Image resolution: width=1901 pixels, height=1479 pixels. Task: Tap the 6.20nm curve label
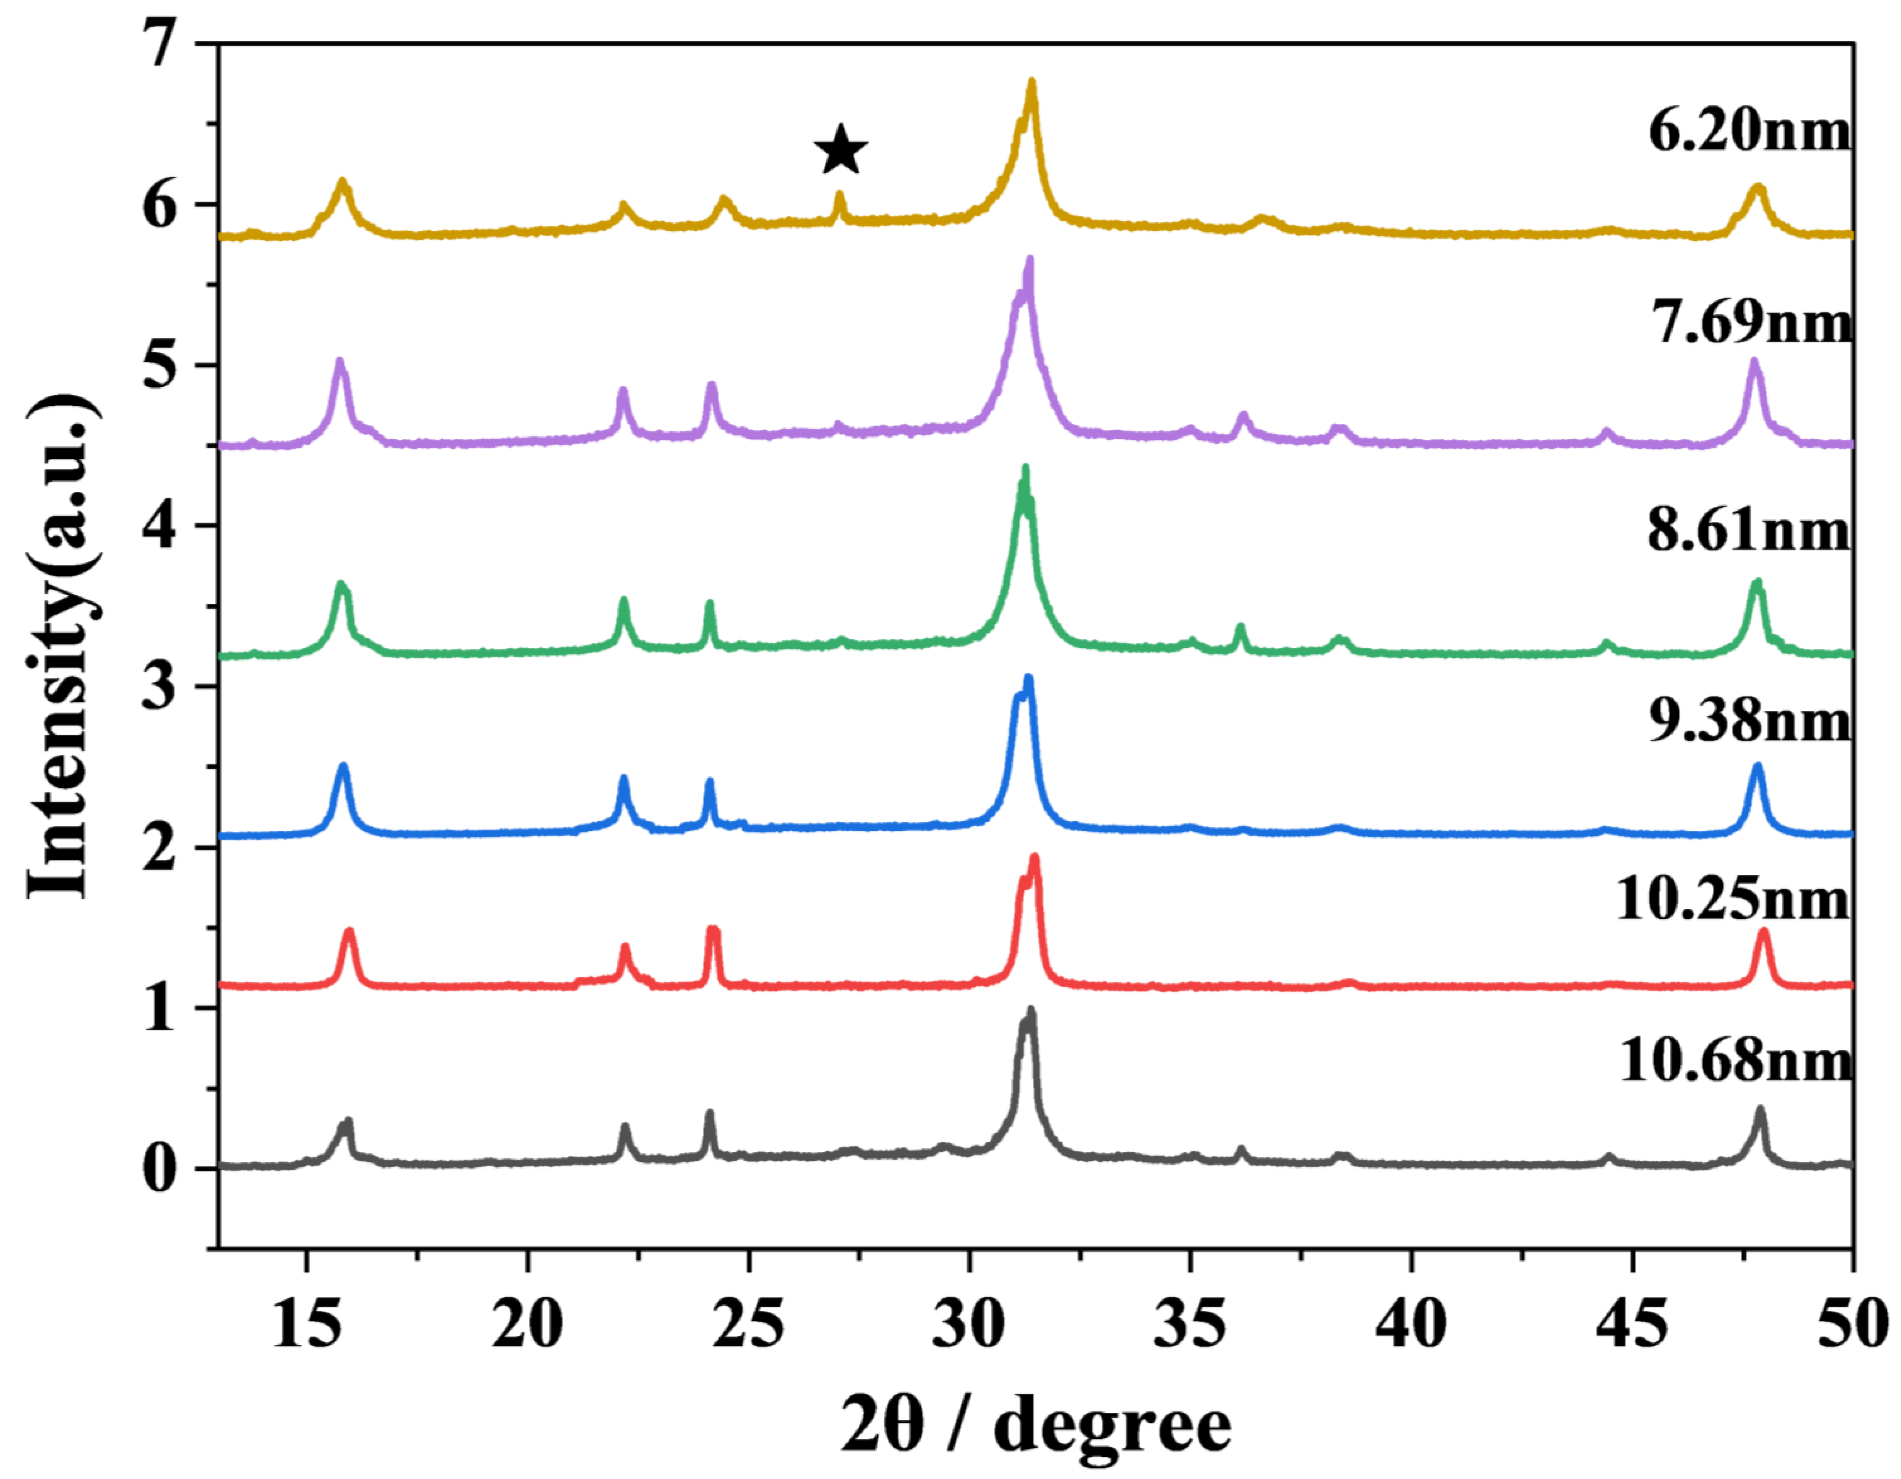pos(1750,132)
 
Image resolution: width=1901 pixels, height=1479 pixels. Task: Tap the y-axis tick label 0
pos(161,1169)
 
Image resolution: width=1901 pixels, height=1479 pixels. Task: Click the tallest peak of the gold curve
pos(1031,83)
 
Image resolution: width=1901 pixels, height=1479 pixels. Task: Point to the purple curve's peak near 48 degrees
pos(1754,361)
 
